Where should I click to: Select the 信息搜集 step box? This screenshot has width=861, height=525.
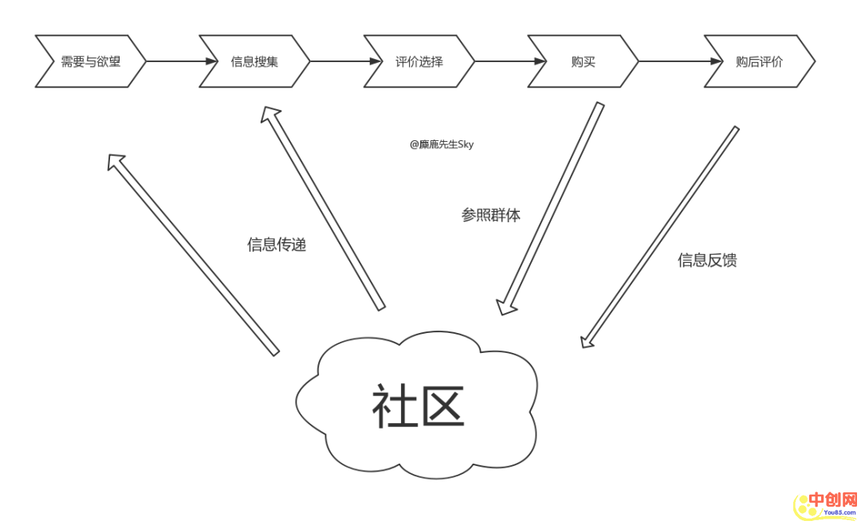coord(254,61)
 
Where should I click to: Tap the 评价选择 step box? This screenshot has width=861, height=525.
coord(419,61)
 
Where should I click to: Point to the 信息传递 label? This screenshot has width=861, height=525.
coord(277,245)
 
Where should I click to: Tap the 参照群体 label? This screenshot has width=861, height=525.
coord(491,215)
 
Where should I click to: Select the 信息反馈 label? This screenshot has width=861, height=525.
coord(707,261)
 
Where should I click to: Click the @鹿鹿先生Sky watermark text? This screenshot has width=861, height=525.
coord(442,145)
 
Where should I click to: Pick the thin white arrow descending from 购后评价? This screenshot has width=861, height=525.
coord(660,236)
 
